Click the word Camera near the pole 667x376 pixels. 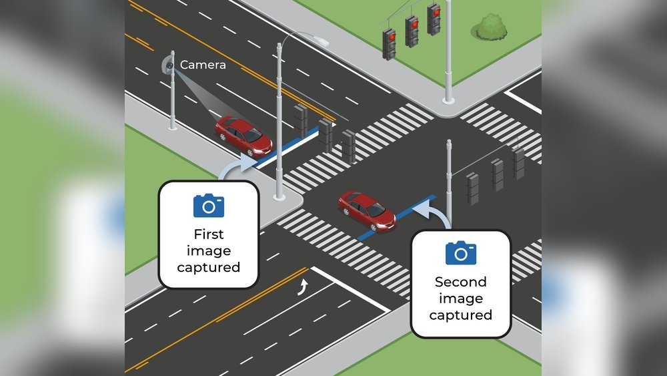pyautogui.click(x=203, y=65)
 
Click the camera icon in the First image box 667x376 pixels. pyautogui.click(x=209, y=206)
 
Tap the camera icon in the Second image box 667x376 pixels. pyautogui.click(x=461, y=253)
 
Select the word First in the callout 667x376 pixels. pyautogui.click(x=209, y=234)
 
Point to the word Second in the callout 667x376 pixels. pyautogui.click(x=461, y=282)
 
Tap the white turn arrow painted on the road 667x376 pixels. pyautogui.click(x=304, y=287)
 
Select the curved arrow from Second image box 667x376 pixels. pyautogui.click(x=434, y=214)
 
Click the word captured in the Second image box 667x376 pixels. pyautogui.click(x=461, y=315)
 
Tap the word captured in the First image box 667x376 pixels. pyautogui.click(x=209, y=267)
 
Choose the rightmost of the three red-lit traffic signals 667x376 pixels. pyautogui.click(x=434, y=19)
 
